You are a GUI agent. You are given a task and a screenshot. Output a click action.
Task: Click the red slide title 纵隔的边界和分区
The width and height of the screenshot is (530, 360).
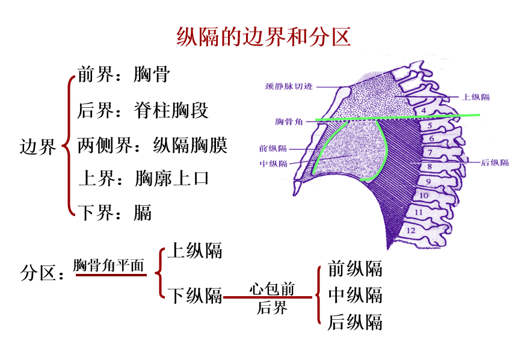(x=264, y=37)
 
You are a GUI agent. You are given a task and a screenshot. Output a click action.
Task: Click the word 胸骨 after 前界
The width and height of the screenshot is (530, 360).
(x=153, y=75)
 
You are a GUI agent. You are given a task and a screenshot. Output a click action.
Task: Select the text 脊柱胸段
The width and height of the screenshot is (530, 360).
(x=171, y=110)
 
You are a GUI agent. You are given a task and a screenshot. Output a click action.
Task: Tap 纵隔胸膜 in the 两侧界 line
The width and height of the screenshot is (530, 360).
(x=191, y=145)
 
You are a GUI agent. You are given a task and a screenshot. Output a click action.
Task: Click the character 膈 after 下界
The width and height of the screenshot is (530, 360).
(x=143, y=212)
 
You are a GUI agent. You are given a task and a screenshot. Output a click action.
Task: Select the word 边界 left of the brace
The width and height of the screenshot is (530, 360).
(x=38, y=147)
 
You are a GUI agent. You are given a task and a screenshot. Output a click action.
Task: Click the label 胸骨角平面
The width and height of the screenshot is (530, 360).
(x=109, y=265)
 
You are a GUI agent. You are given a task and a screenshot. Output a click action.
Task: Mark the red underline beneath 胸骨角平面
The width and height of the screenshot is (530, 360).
(x=111, y=275)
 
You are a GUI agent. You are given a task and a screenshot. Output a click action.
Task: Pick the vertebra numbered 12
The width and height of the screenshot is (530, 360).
(x=411, y=230)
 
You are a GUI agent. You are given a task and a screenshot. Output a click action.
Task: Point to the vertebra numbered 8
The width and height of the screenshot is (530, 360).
(x=429, y=166)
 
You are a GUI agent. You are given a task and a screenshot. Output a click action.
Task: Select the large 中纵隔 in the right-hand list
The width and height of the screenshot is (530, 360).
(x=355, y=296)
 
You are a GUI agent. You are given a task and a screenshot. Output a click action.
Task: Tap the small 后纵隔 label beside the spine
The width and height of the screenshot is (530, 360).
(x=495, y=163)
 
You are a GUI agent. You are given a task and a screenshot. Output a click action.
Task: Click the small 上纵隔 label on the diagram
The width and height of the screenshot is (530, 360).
(x=475, y=97)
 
